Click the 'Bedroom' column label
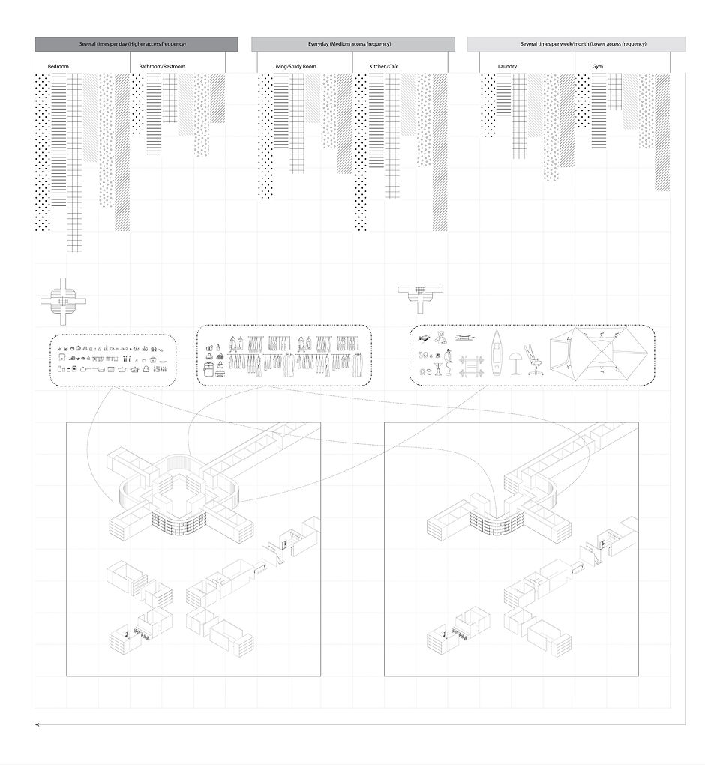tap(58, 67)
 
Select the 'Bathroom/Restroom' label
tap(162, 67)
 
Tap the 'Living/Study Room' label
tap(295, 67)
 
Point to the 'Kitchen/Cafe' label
tap(384, 67)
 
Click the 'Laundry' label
tap(507, 67)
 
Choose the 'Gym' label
tap(597, 67)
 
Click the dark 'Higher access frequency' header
tap(136, 44)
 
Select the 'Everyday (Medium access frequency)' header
tap(352, 44)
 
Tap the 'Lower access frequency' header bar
tap(576, 44)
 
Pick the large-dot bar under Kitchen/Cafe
tap(361, 150)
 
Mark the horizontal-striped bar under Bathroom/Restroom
tap(154, 112)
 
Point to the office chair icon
tap(534, 357)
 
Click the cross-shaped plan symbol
tap(63, 301)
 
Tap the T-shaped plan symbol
tap(421, 295)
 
